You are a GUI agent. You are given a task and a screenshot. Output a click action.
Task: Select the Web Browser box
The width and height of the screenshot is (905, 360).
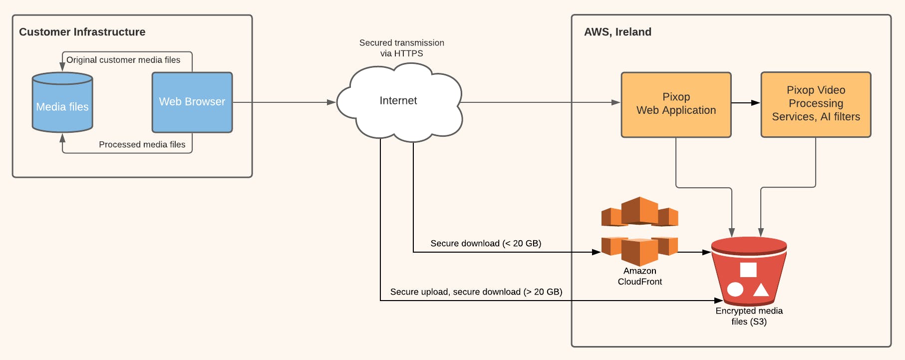tap(192, 102)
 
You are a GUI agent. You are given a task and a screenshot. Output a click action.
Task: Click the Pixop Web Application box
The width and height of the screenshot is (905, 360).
tap(676, 104)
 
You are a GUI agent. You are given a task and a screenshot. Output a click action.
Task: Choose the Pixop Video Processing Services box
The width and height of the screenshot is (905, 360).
tap(816, 104)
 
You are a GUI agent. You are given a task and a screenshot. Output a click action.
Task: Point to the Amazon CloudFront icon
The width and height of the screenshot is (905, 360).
tap(639, 231)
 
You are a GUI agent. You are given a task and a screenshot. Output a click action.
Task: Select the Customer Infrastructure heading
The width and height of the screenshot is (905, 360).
tap(82, 32)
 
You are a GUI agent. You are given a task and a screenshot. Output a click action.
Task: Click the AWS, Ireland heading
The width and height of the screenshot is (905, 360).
tap(617, 32)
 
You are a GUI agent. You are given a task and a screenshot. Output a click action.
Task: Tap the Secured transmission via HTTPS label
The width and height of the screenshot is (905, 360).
tap(402, 48)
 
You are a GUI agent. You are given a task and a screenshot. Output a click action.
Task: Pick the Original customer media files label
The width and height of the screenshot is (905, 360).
tap(123, 60)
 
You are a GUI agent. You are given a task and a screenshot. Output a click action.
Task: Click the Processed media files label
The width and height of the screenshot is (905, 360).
tap(142, 144)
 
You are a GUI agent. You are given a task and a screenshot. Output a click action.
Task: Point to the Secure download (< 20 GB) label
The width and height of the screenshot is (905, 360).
tap(486, 243)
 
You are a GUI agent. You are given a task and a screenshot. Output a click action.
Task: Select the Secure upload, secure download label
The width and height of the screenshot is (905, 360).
tap(476, 292)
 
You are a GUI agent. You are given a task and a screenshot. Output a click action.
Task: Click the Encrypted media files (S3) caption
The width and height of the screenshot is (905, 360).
tap(749, 316)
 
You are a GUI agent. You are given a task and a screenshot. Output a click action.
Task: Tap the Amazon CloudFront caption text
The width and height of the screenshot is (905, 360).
tap(639, 276)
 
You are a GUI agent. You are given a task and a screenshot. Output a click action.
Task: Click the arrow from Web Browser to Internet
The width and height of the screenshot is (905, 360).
tap(284, 102)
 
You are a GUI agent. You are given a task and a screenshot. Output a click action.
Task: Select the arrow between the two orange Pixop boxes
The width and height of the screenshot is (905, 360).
tap(746, 103)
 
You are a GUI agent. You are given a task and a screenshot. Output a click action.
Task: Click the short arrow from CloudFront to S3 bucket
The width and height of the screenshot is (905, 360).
tap(694, 252)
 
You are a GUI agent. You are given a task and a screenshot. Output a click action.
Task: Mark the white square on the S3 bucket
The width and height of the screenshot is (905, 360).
tap(748, 270)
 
